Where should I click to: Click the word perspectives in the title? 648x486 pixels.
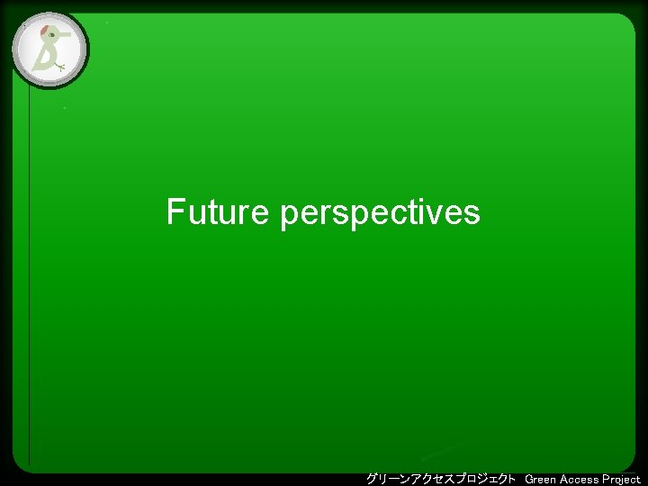click(x=380, y=214)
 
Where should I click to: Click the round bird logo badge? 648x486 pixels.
click(x=49, y=49)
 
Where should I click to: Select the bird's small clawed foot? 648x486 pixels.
click(x=59, y=67)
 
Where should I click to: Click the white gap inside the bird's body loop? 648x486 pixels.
click(x=42, y=58)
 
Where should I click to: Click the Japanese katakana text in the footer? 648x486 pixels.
click(x=441, y=478)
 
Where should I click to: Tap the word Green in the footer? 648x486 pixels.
click(x=540, y=479)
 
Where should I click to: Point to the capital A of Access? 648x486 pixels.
click(x=564, y=479)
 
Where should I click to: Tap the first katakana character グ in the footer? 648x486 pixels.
click(x=372, y=478)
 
